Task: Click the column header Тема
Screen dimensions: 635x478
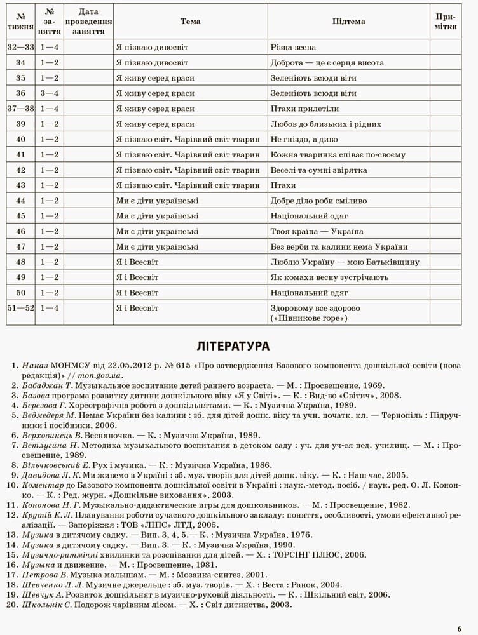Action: click(190, 22)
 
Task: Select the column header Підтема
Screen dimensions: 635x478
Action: click(348, 22)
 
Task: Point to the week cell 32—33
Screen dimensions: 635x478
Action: click(21, 48)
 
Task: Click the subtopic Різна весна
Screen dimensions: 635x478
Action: click(293, 48)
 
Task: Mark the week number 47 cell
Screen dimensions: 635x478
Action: click(21, 247)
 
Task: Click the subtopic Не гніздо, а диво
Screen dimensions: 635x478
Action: click(305, 139)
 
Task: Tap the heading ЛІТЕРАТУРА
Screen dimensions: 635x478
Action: click(233, 346)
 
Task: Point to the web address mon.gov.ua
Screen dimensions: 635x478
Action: click(100, 375)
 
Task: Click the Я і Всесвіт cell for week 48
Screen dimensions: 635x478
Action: click(137, 262)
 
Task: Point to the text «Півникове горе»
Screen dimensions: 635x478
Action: click(309, 317)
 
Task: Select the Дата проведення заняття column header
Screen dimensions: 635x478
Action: click(88, 22)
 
